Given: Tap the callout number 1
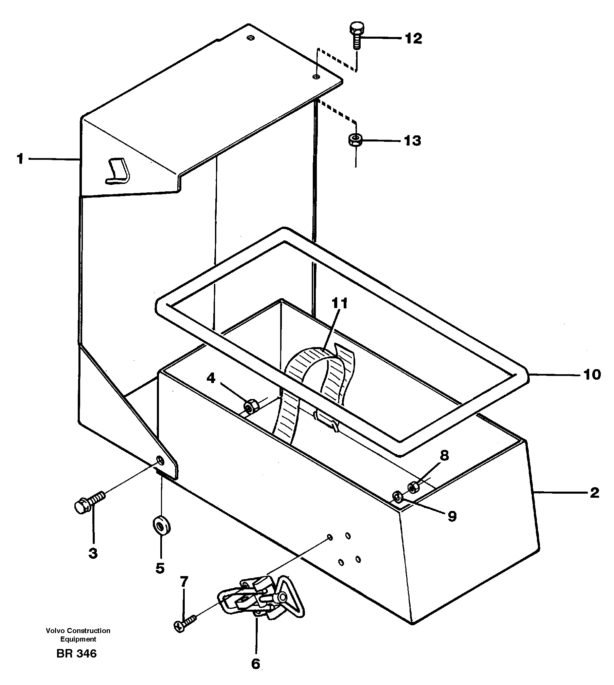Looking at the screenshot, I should point(20,159).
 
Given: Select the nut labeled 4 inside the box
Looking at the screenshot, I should point(251,406).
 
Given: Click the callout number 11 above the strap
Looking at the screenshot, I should point(340,303).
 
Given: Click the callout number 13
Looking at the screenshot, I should point(412,140).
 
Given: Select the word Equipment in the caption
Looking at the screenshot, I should point(78,639).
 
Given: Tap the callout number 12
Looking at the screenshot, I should point(413,38).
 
